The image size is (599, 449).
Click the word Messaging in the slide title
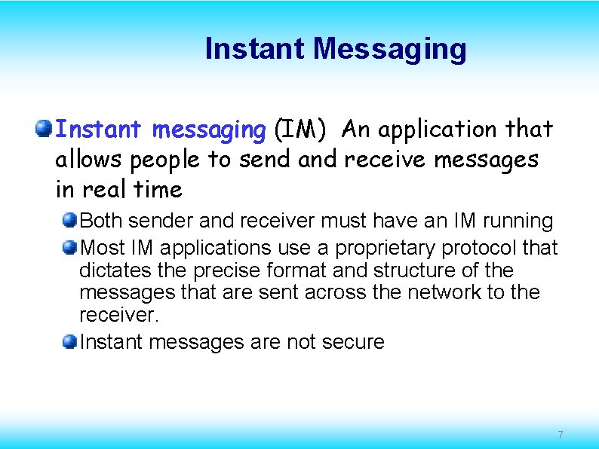[x=390, y=50]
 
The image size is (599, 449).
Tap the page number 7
[x=560, y=435]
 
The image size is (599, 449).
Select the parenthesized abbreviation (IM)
[x=300, y=130]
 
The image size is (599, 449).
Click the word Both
[x=100, y=221]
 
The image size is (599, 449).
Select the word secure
[x=353, y=343]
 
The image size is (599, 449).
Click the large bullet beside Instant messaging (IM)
[x=43, y=129]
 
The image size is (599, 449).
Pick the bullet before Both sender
[x=69, y=221]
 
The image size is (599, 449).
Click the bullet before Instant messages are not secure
[x=69, y=342]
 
